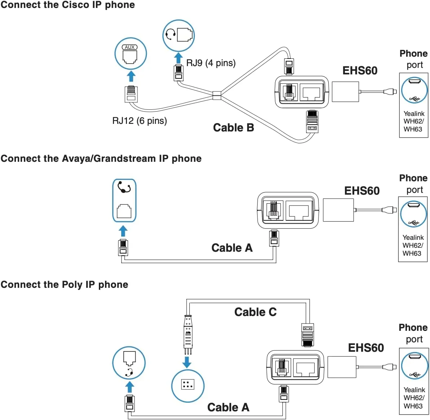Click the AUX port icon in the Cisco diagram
(x=131, y=54)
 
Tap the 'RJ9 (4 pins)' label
(x=211, y=63)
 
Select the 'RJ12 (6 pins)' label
(x=140, y=121)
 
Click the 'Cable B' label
(x=233, y=127)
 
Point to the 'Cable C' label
(x=255, y=312)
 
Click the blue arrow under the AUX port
(x=131, y=76)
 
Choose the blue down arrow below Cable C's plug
(x=187, y=362)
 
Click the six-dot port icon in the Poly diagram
(x=188, y=385)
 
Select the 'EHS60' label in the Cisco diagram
(x=360, y=70)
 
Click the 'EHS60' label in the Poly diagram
(x=366, y=348)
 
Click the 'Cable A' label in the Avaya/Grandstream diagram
(x=232, y=248)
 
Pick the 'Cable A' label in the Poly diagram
(x=228, y=407)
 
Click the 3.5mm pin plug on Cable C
(x=188, y=334)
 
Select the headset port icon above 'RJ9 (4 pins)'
(x=179, y=35)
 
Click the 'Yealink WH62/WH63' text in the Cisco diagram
(x=414, y=121)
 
